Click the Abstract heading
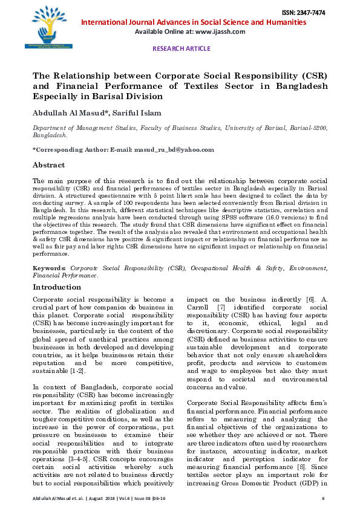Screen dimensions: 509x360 [x=49, y=165]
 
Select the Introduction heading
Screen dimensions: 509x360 [x=57, y=287]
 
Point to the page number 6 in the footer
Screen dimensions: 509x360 [x=324, y=498]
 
